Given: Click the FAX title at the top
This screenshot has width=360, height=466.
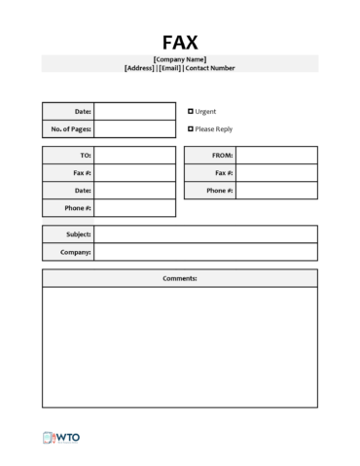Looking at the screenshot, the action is click(x=180, y=42).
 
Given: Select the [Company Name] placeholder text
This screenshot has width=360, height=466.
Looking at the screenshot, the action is click(x=180, y=59).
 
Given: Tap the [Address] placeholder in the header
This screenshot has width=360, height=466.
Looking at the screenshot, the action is click(x=139, y=68).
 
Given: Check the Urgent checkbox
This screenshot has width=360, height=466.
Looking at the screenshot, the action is click(x=191, y=111).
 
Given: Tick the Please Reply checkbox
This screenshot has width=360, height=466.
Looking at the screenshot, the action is click(x=191, y=128).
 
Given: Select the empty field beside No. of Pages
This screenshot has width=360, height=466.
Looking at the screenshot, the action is click(x=135, y=128).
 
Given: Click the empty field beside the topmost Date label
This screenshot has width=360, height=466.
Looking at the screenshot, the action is click(x=135, y=111).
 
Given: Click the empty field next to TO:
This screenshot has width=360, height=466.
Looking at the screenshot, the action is click(x=135, y=156).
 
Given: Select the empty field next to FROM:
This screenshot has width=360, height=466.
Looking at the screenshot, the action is click(x=276, y=156).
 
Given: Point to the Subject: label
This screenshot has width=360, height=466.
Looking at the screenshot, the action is click(x=78, y=234).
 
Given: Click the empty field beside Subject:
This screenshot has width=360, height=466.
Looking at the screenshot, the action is click(x=205, y=234).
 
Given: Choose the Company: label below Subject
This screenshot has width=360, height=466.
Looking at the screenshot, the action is click(x=77, y=252).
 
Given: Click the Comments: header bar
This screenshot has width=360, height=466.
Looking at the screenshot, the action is click(x=180, y=279).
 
